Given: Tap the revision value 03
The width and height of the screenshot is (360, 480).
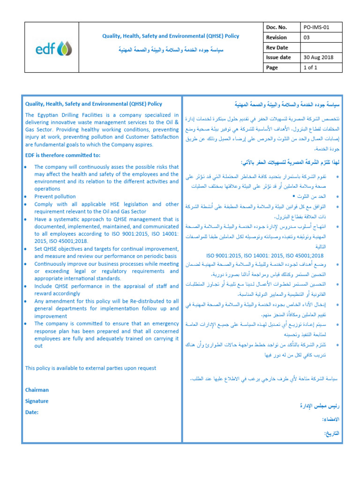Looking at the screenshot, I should [x=307, y=37].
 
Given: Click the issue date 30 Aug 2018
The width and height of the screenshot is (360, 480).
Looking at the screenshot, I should [x=320, y=57].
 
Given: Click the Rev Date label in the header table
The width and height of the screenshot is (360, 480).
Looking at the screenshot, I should [x=277, y=47].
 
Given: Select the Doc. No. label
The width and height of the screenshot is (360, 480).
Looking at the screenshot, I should [x=276, y=28].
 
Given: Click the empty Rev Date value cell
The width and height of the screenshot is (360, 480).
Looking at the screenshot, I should [x=322, y=47].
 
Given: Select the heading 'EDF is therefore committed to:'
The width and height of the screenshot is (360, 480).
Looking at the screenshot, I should [x=62, y=155].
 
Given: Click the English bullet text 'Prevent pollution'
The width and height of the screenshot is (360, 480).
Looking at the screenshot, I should [x=55, y=197].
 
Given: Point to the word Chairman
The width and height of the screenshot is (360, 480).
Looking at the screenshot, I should [x=37, y=390].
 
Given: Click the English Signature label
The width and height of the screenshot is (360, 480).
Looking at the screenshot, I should [x=37, y=401].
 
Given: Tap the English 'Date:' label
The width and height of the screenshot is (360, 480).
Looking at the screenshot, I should [x=32, y=412].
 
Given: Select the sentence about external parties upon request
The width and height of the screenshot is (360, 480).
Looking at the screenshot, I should [x=90, y=368].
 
